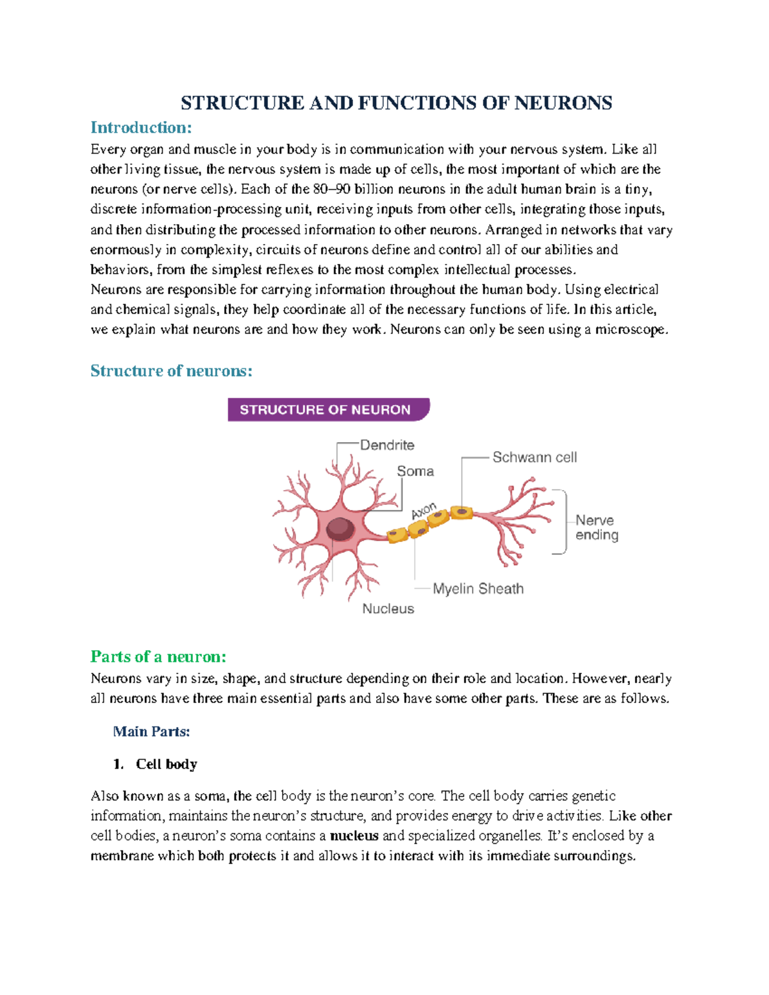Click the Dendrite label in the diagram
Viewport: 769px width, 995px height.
tap(387, 445)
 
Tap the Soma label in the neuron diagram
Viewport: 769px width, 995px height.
tap(415, 471)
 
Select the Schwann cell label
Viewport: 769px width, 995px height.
tap(534, 457)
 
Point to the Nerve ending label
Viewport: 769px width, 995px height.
tap(597, 527)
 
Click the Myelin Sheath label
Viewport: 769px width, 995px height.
tap(478, 588)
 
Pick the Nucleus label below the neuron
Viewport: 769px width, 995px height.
tap(388, 608)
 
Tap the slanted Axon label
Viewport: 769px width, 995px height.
tap(424, 511)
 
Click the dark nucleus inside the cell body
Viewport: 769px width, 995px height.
tap(340, 529)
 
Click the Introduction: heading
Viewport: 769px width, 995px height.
tap(141, 127)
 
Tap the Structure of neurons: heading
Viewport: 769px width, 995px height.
tap(171, 370)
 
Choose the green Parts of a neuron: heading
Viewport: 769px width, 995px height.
tap(158, 656)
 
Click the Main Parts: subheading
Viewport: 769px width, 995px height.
tap(151, 731)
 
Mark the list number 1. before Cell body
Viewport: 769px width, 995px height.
tap(118, 764)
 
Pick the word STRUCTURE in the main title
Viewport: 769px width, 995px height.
tap(242, 103)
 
